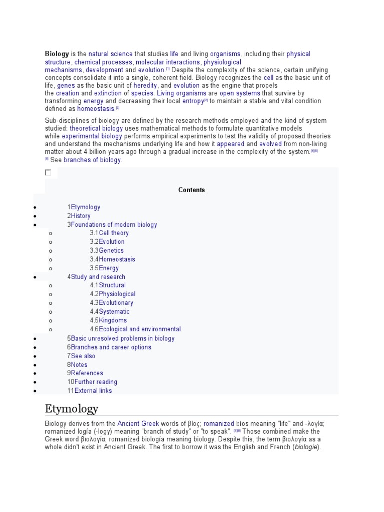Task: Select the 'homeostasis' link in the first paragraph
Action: coord(96,108)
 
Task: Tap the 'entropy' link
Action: coord(193,101)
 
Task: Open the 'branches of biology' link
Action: coord(92,160)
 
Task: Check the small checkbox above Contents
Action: coord(48,173)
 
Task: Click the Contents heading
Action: coord(191,190)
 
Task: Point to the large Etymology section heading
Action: coord(71,409)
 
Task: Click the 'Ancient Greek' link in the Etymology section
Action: coord(138,423)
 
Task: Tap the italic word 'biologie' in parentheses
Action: coord(304,447)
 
